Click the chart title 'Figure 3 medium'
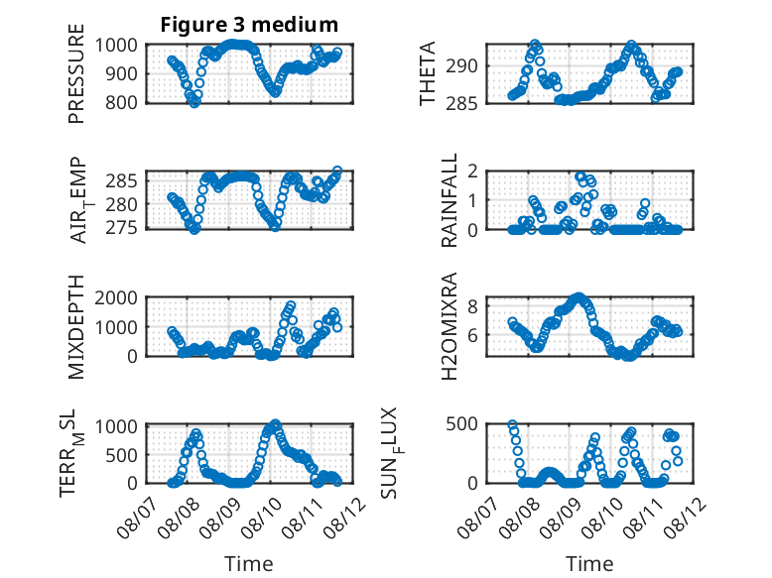point(249,25)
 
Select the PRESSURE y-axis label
point(76,73)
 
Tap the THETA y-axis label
point(428,73)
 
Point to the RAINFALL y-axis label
point(450,200)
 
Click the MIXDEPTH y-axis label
point(76,327)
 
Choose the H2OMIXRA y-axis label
point(450,326)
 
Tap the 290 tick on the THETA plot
point(461,65)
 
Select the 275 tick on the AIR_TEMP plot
point(122,228)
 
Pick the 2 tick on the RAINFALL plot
point(472,172)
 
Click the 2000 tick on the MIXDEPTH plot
point(116,297)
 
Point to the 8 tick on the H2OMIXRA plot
point(472,306)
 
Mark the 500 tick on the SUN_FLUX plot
point(461,424)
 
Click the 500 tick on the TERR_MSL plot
point(122,455)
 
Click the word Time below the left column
point(249,563)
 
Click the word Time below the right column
point(589,563)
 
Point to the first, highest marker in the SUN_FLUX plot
point(513,424)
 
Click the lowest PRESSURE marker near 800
point(194,103)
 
